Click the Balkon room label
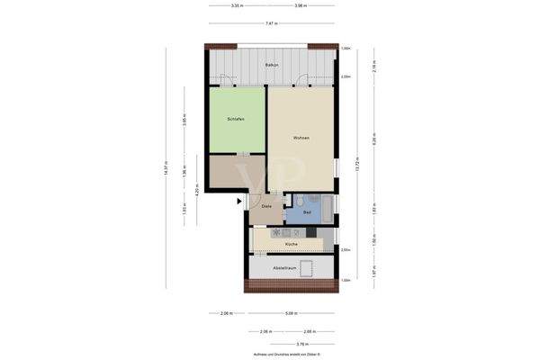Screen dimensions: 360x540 click(x=271, y=66)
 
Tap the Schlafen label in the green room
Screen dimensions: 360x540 click(x=236, y=119)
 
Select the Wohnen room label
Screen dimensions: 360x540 click(x=301, y=138)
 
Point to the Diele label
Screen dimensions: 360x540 click(x=266, y=207)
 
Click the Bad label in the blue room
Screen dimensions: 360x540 click(x=307, y=213)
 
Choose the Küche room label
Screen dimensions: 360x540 click(x=291, y=244)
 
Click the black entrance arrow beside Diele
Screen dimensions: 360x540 click(x=239, y=202)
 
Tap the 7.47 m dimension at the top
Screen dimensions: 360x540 click(x=271, y=23)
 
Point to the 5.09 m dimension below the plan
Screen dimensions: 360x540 click(x=290, y=313)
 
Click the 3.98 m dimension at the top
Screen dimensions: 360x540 click(x=301, y=6)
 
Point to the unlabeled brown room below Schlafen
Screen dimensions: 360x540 click(x=236, y=172)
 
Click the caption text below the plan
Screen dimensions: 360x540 click(x=270, y=355)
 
